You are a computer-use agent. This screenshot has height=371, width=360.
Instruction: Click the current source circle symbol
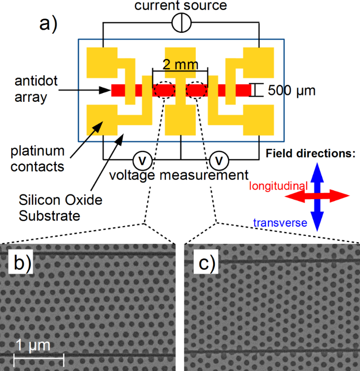181,23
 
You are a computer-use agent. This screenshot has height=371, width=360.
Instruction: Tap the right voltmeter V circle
220,160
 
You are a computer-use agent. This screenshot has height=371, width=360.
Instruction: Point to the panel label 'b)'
22,264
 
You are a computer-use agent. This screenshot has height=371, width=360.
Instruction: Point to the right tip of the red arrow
348,196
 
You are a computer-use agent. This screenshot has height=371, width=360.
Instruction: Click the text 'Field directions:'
311,153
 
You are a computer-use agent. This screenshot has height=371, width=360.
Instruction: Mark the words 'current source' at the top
181,6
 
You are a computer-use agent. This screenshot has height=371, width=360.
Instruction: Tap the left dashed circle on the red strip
165,90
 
